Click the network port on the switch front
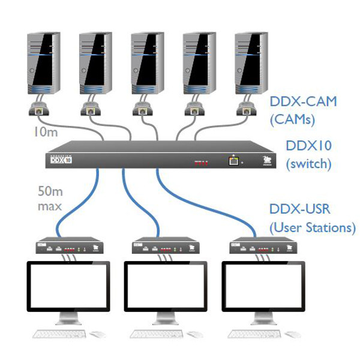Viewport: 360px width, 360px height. (231, 160)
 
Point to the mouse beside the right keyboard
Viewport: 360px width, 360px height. (292, 334)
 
